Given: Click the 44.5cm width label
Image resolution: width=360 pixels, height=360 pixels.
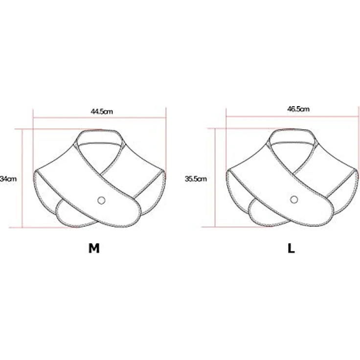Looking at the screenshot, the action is click(102, 112).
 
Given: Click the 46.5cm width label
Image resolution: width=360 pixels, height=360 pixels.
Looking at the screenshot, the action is click(298, 109).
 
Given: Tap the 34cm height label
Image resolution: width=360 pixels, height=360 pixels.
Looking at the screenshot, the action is click(8, 179).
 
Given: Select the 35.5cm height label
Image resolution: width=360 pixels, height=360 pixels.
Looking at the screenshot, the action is click(196, 179).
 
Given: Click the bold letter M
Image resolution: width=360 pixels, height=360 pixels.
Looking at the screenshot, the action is click(94, 248).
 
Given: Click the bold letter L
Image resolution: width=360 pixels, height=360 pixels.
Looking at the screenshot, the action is click(291, 248).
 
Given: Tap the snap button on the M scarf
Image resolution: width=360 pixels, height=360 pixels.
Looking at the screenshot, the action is click(101, 201).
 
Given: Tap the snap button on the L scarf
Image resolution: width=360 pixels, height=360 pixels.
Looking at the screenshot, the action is click(294, 200).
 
